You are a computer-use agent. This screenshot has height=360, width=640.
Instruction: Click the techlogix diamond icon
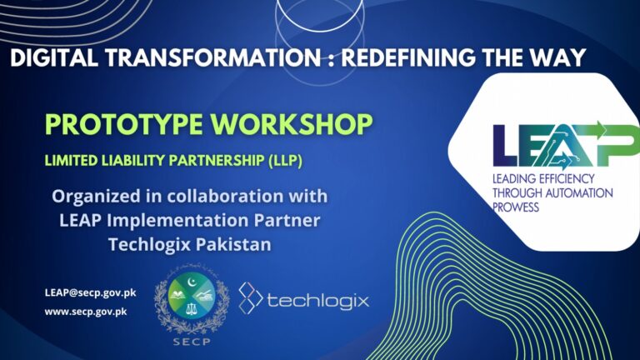tap(251, 297)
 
